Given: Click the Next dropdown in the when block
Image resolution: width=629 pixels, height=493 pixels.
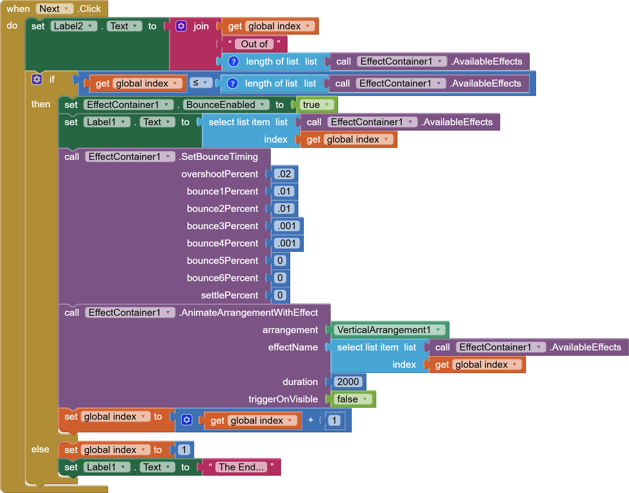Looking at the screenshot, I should click(x=54, y=9).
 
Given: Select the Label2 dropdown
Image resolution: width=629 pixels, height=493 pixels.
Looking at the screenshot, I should click(x=73, y=26).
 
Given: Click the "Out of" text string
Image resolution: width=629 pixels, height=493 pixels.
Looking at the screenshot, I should click(x=254, y=44).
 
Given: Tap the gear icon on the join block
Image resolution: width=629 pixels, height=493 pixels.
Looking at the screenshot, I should click(x=181, y=26).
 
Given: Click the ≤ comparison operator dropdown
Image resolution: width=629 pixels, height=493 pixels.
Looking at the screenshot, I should click(x=201, y=83).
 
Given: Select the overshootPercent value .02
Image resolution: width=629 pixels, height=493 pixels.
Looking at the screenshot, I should click(x=284, y=174).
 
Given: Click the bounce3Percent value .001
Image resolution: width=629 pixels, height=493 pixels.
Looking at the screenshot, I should click(x=287, y=226).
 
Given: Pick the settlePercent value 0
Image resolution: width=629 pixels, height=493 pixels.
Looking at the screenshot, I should click(x=280, y=295).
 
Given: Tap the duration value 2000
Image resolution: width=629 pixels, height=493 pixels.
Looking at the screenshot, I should click(x=348, y=382).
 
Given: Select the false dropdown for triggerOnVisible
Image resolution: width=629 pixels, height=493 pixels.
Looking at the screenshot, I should click(x=352, y=399).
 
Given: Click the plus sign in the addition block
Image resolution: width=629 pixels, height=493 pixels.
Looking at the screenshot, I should click(x=311, y=420).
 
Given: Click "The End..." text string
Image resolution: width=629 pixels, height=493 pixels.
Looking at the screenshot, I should click(x=241, y=467).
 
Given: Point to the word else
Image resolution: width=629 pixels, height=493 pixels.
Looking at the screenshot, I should click(x=40, y=449).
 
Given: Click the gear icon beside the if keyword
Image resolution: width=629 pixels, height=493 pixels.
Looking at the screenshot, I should click(x=37, y=79).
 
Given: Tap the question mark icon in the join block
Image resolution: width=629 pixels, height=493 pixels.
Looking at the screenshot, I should click(x=234, y=62).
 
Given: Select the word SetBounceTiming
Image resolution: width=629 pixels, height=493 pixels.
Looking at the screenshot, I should click(x=219, y=157).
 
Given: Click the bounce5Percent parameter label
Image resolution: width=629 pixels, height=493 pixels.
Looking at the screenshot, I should click(x=222, y=260).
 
